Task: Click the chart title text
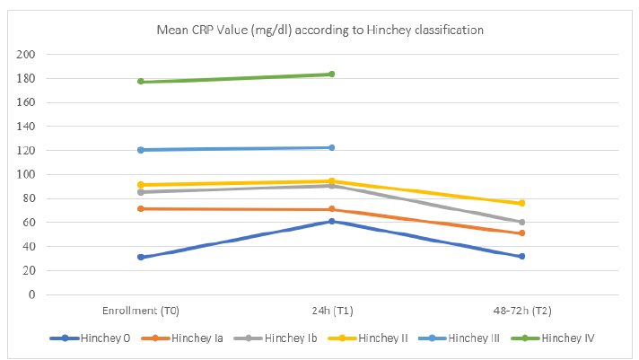click(319, 30)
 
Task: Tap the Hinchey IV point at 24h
click(331, 75)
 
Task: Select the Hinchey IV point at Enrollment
click(141, 82)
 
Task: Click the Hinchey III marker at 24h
click(331, 147)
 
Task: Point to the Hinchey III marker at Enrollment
click(141, 150)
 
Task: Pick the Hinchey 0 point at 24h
click(331, 221)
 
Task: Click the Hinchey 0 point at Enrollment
click(141, 257)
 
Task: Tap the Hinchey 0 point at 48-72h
click(521, 256)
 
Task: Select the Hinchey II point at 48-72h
click(521, 203)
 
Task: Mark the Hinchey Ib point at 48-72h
click(521, 222)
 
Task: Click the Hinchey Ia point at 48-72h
click(521, 233)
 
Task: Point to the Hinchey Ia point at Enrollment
click(141, 208)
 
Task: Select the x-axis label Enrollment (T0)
click(141, 311)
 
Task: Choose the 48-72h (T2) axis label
click(521, 311)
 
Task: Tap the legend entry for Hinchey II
click(370, 338)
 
